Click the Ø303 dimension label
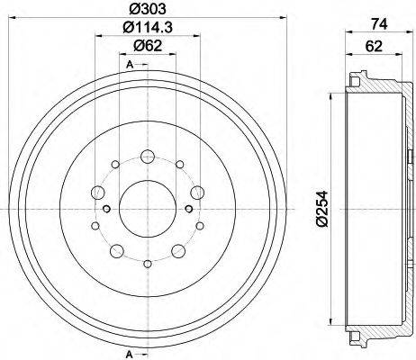(x=146, y=10)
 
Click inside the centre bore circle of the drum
(x=147, y=208)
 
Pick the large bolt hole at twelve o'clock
(x=147, y=157)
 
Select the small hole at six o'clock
(x=147, y=263)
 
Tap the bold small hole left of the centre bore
(x=107, y=210)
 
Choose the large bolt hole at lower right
(x=178, y=250)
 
